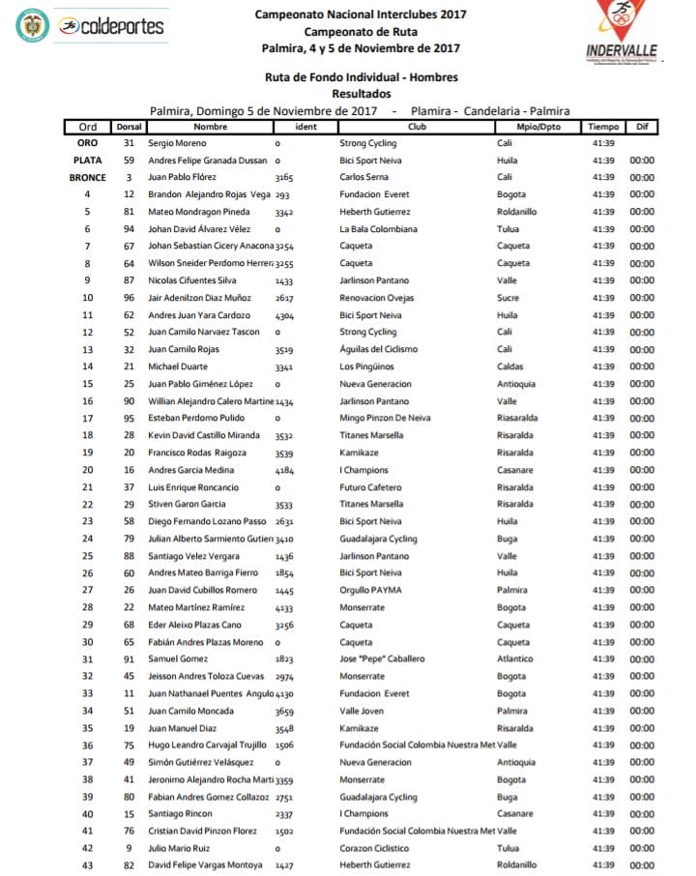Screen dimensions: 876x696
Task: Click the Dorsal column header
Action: coord(129,127)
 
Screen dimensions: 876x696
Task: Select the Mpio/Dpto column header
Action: coord(528,127)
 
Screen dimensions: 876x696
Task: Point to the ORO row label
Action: coord(88,143)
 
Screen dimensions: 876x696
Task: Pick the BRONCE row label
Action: coord(88,178)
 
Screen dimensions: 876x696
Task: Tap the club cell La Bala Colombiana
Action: coord(378,229)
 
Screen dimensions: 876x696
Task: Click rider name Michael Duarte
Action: coord(177,366)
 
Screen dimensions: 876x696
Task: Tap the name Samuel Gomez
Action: coord(175,658)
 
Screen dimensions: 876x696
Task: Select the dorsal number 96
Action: coord(129,298)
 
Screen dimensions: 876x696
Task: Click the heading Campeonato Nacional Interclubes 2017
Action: coord(361,15)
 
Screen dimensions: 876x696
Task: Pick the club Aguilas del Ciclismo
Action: coord(381,349)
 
